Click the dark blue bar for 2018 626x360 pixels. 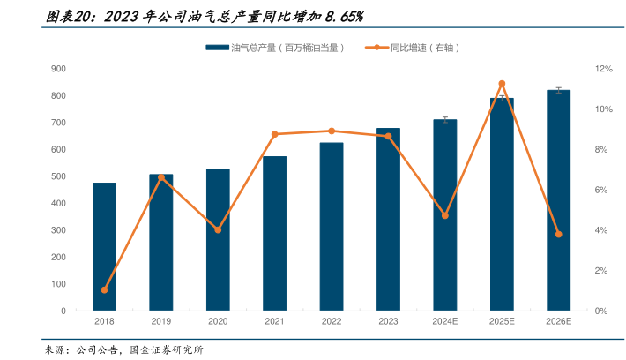(104, 247)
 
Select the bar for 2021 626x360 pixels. (274, 234)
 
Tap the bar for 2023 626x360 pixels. (388, 220)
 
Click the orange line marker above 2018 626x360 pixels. (104, 290)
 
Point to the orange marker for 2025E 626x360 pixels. (502, 84)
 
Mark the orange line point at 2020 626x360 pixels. (218, 229)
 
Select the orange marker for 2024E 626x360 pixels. (445, 215)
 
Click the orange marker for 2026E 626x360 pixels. (558, 234)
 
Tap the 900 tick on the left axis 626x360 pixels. (59, 69)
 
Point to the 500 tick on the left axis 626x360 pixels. (59, 176)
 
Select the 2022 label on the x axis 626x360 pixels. (332, 322)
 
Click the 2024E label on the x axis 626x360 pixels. (445, 322)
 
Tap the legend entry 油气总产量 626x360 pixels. (274, 47)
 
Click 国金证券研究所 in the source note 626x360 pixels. (167, 350)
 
